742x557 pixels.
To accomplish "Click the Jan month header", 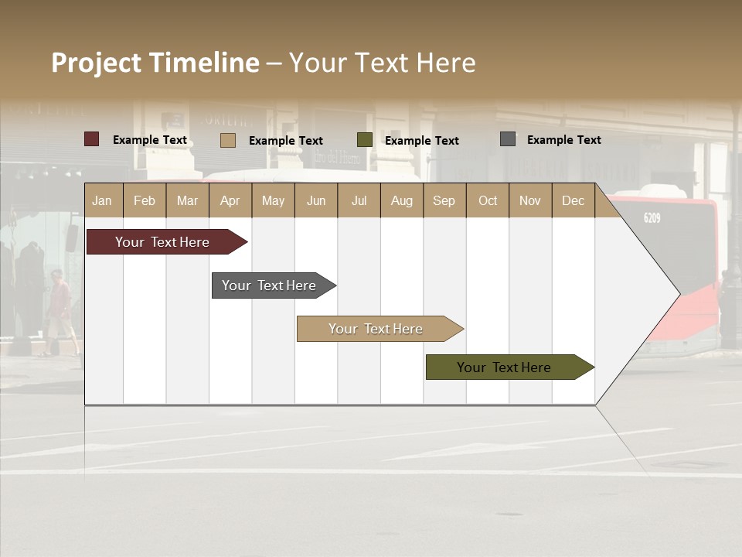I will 102,200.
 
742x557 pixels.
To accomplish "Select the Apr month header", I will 230,200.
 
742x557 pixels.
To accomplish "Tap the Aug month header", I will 401,200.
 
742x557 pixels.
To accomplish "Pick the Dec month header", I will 573,200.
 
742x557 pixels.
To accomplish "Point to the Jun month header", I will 316,200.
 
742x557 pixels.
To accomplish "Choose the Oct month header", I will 488,200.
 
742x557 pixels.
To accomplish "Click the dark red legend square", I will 92,139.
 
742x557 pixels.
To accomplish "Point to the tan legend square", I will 228,140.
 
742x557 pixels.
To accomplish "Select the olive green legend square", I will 365,140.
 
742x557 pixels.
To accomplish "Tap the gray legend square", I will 508,139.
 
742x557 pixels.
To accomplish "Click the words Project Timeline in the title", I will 155,63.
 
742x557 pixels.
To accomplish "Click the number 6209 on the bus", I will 652,218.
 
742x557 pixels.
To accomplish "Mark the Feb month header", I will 145,200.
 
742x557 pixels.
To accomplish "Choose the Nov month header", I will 530,200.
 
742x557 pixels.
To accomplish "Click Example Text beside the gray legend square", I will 563,140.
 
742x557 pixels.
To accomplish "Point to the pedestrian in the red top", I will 59,309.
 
